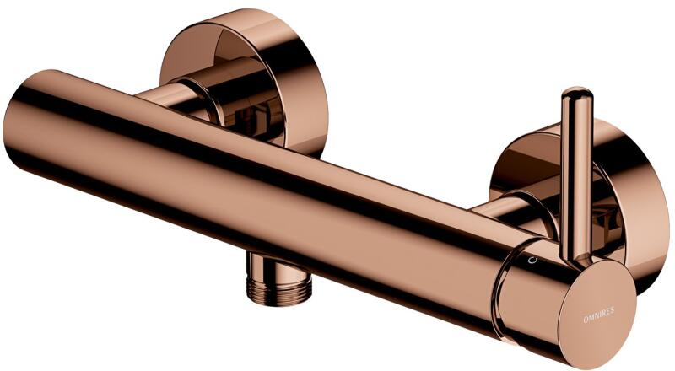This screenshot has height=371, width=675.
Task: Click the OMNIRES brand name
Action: [598, 315]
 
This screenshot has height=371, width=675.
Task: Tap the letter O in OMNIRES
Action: [585, 320]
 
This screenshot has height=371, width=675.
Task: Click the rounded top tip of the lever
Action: [577, 90]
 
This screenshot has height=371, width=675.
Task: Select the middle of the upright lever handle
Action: [577, 176]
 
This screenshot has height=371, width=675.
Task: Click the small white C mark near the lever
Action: [534, 260]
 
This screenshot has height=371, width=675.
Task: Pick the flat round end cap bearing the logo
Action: [597, 314]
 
